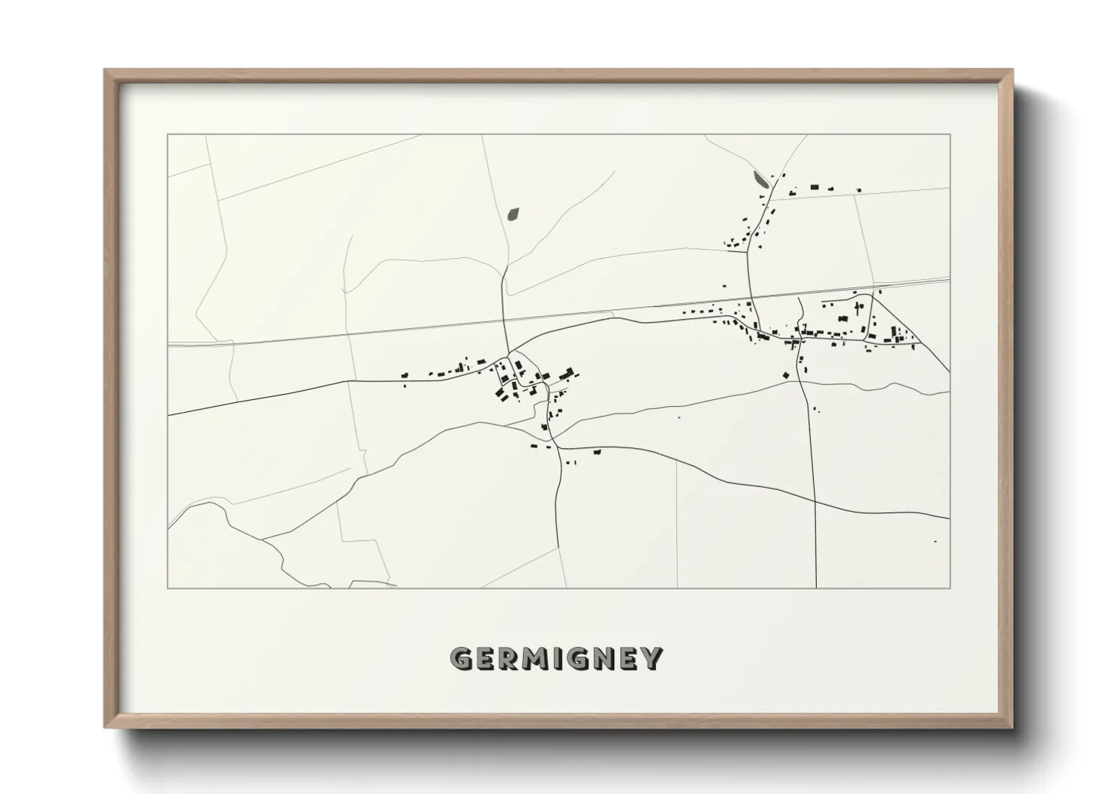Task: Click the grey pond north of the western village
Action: [x=514, y=214]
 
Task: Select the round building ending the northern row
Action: [x=859, y=191]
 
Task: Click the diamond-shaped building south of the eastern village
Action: [x=786, y=374]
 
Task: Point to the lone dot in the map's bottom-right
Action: [x=935, y=541]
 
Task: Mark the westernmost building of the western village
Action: [x=405, y=374]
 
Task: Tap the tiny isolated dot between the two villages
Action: [x=679, y=417]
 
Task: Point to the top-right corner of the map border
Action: [x=950, y=134]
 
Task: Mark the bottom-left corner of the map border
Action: [x=168, y=588]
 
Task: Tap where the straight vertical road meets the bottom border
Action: [x=816, y=588]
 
